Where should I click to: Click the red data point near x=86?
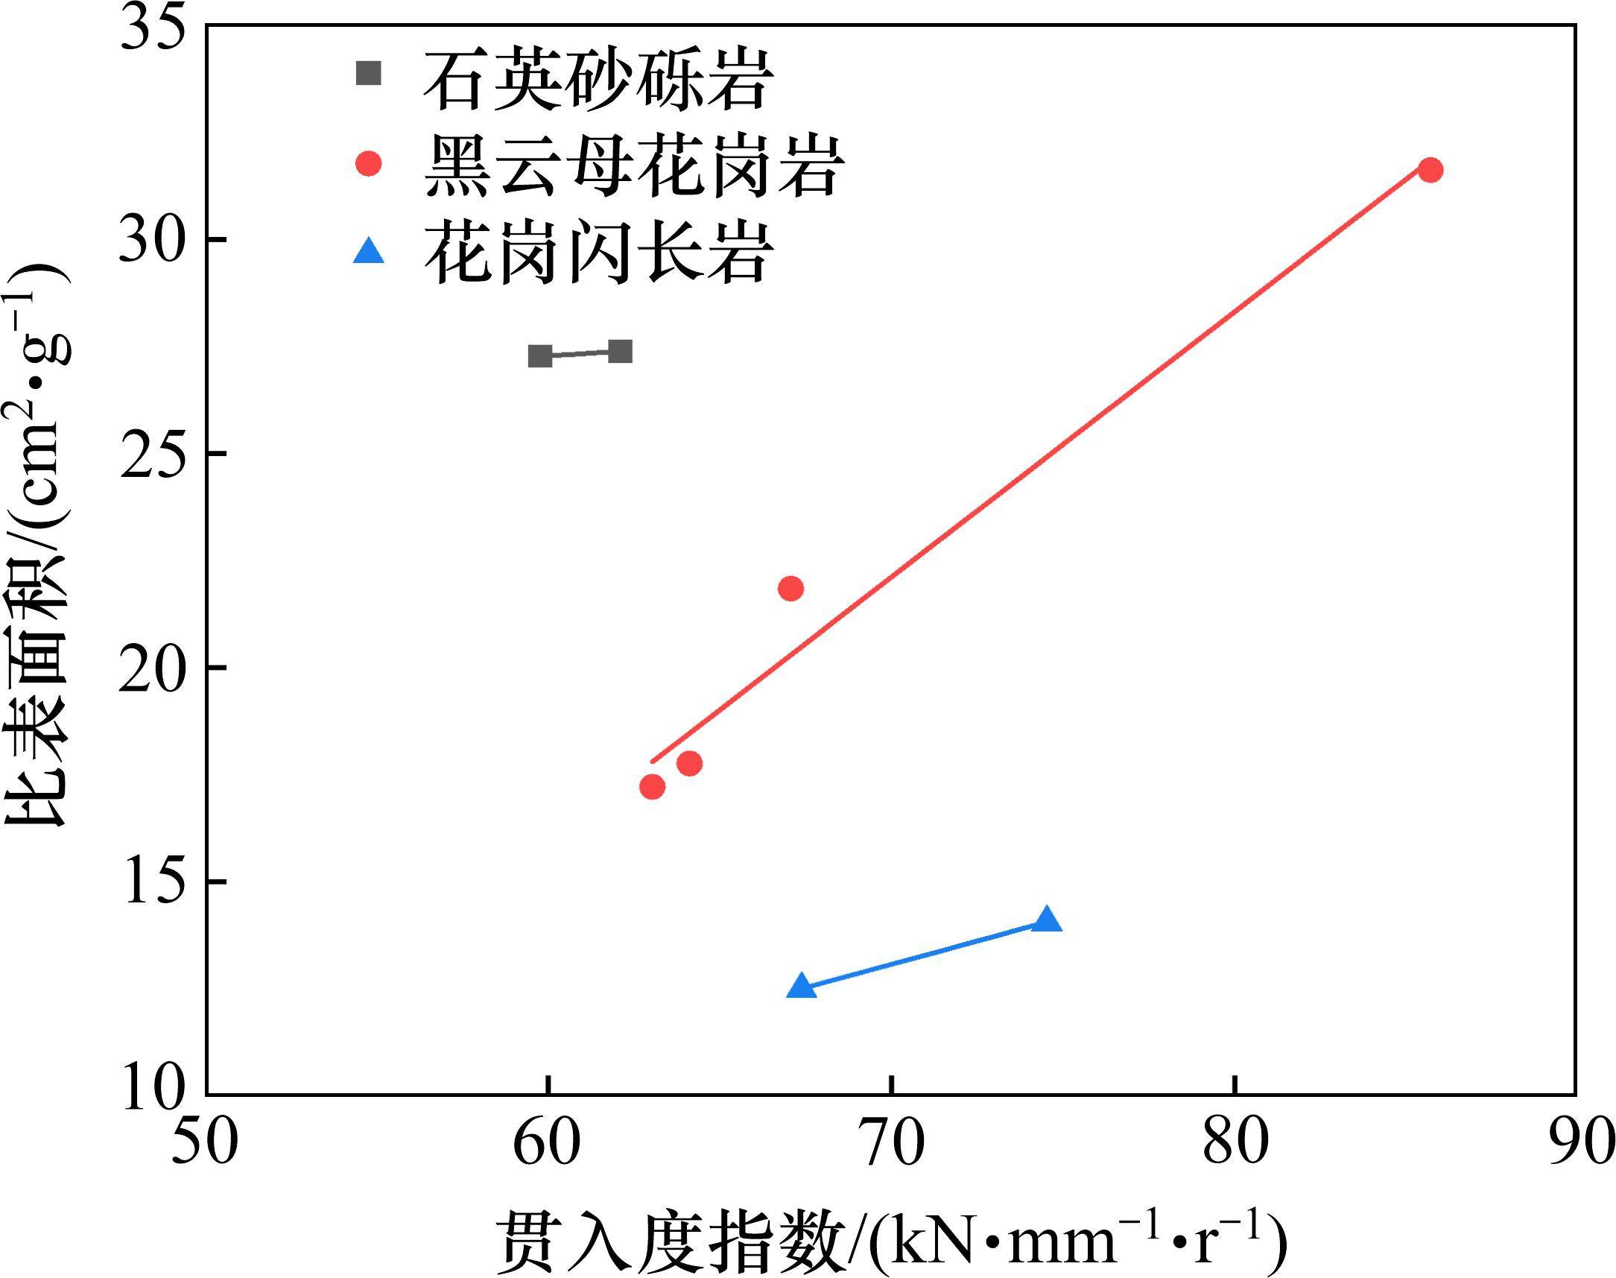[1430, 171]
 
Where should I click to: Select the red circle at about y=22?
[790, 589]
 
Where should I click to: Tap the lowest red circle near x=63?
[653, 786]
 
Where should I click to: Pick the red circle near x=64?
[689, 763]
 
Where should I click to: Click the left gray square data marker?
[540, 355]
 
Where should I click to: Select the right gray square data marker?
[620, 351]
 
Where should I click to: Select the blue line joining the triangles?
[924, 954]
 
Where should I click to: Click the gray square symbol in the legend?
[368, 73]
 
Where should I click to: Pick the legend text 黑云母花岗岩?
[635, 165]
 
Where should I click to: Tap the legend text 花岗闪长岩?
[598, 252]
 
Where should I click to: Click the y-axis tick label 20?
[153, 668]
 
